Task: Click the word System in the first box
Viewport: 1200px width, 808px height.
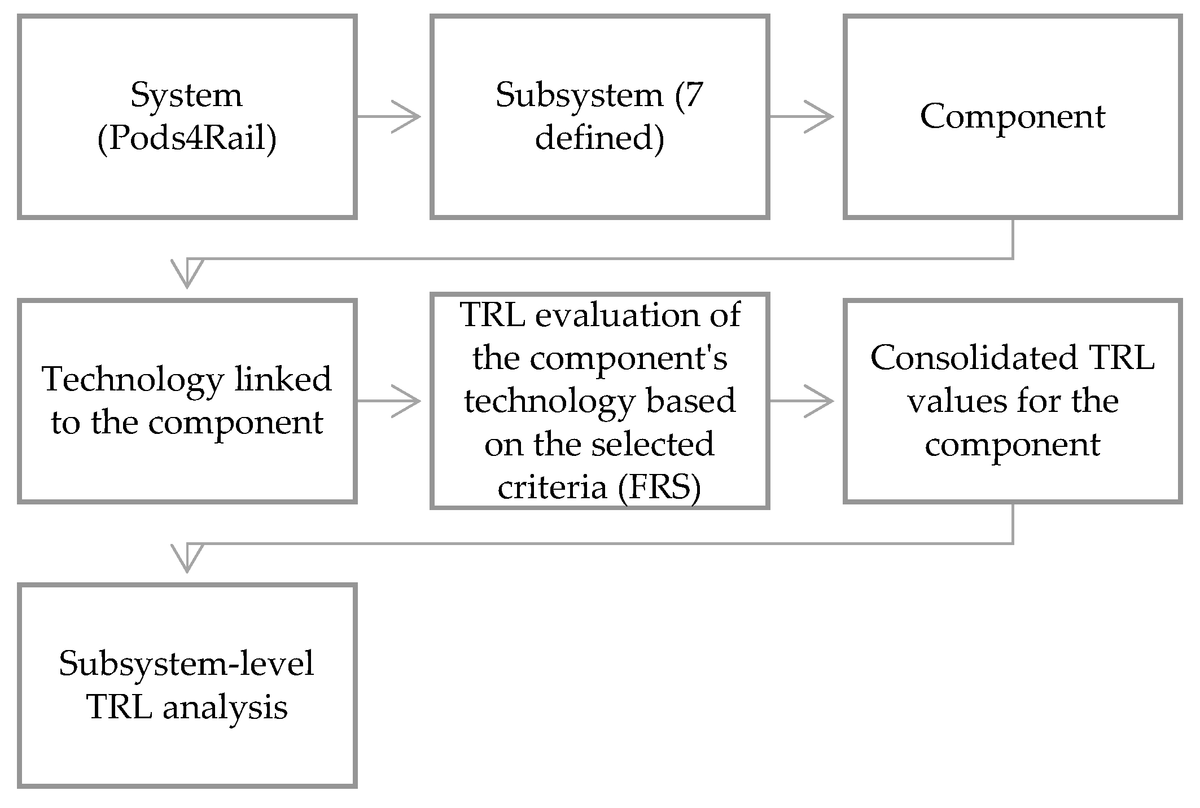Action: (186, 95)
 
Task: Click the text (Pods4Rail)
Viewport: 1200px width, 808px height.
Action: (187, 138)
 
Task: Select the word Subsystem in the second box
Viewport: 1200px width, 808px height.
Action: (579, 95)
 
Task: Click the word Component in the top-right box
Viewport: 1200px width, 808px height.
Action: (1012, 116)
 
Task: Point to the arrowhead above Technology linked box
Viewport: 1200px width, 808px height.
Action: (187, 273)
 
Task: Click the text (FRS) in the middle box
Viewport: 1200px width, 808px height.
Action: (659, 487)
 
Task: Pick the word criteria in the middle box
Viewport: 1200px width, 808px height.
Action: (551, 487)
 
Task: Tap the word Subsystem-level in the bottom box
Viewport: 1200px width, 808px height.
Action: (186, 664)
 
